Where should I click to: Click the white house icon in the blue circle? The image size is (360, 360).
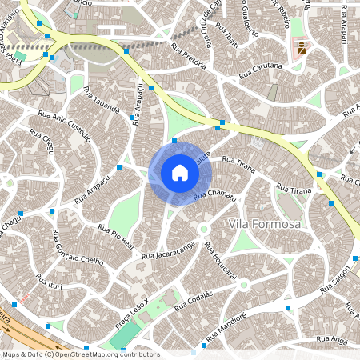pos(179,173)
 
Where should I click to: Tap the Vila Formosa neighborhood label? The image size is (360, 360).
pos(265,224)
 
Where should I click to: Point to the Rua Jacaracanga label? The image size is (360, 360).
pos(169,248)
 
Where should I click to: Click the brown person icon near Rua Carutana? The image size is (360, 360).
pos(302,50)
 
